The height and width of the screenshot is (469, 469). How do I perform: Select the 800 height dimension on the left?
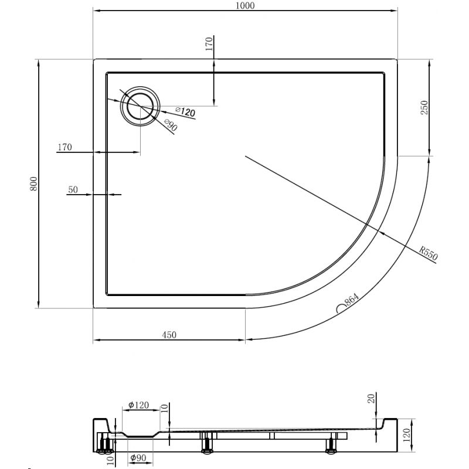click(34, 183)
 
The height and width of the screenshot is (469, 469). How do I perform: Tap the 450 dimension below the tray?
click(169, 335)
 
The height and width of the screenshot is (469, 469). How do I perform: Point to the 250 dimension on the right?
click(425, 107)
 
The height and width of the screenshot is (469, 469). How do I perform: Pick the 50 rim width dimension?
click(73, 189)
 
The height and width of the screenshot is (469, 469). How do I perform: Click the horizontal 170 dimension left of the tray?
click(64, 147)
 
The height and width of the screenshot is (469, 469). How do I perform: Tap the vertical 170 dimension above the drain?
click(209, 45)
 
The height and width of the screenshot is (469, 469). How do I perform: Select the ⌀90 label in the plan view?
click(170, 125)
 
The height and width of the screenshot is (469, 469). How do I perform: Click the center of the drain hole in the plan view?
click(140, 106)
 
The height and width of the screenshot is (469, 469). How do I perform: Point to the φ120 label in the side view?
click(138, 405)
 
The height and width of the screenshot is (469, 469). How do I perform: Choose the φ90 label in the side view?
click(138, 458)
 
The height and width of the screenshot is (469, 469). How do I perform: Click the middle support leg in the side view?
click(206, 444)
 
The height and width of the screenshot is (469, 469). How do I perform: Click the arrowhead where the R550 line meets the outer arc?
click(382, 233)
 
